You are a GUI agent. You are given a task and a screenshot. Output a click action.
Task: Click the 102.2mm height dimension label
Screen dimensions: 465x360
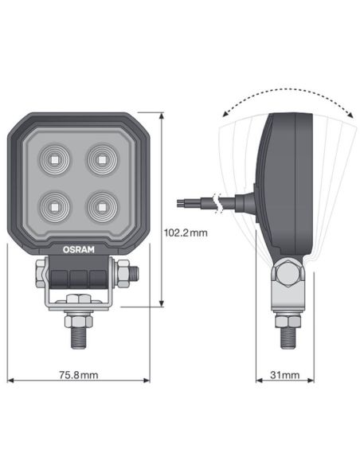point(184,234)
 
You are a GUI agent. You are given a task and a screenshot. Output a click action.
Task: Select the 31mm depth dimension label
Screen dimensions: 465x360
point(284,374)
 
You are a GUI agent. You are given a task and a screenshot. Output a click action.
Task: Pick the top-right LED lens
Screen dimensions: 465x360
point(100,159)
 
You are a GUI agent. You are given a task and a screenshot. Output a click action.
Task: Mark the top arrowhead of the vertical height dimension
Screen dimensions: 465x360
point(162,116)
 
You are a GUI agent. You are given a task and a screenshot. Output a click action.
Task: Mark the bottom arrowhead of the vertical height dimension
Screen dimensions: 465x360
point(162,304)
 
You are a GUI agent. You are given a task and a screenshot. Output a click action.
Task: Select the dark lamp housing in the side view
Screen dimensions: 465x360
point(287,183)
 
